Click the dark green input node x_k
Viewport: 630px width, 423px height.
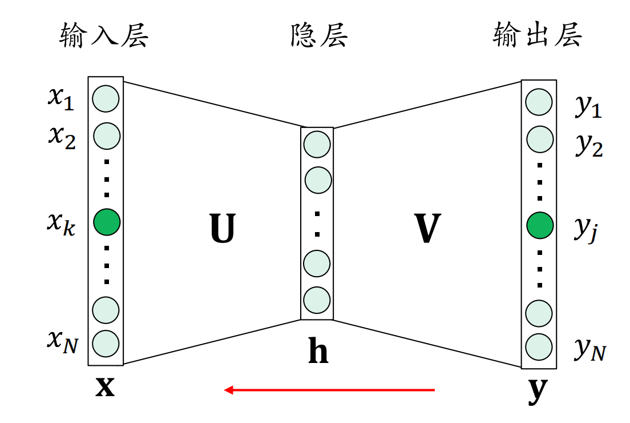[x=107, y=221]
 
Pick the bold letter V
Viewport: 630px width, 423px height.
[x=426, y=229]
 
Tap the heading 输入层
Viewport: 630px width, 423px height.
[x=104, y=37]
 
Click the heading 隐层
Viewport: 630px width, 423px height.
[x=318, y=37]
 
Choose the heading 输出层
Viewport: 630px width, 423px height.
[x=537, y=37]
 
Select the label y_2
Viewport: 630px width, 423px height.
[x=588, y=146]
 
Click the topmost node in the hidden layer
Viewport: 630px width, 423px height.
[x=317, y=144]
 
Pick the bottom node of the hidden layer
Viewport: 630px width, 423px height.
[x=317, y=300]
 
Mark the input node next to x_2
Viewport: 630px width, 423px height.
[x=106, y=135]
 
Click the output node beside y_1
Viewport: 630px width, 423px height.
[x=539, y=103]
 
